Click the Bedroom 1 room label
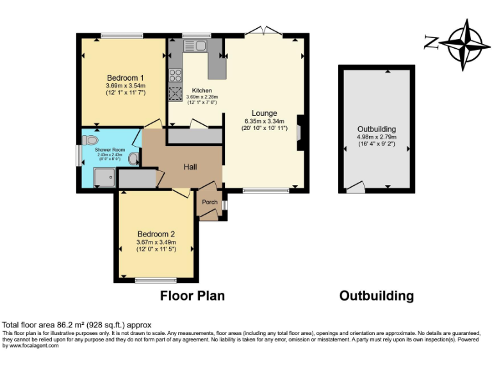[125, 78]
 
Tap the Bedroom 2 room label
[155, 234]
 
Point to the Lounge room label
[264, 113]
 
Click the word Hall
[190, 167]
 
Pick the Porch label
[209, 202]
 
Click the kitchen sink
[194, 45]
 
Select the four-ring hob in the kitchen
[175, 75]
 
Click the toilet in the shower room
[91, 139]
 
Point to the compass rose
[464, 44]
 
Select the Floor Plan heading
[192, 296]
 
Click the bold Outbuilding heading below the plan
[376, 296]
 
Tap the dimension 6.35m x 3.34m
[264, 121]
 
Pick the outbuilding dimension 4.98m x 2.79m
[377, 136]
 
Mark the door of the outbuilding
[354, 188]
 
